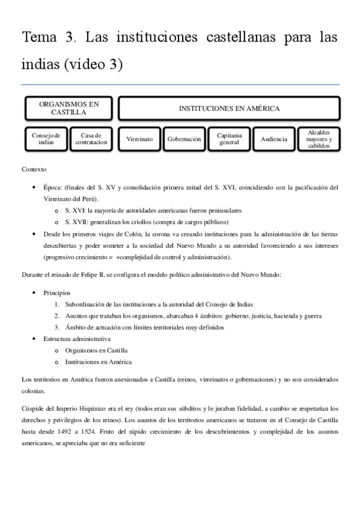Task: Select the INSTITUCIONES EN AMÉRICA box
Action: [x=229, y=108]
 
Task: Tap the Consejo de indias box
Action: [x=46, y=139]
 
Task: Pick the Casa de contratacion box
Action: [x=91, y=139]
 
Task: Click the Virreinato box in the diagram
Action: [x=139, y=139]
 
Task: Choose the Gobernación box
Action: [x=184, y=139]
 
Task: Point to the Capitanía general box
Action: [x=229, y=139]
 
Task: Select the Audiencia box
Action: [x=273, y=139]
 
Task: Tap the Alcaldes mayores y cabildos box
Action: [x=319, y=139]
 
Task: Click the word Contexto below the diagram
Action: [x=34, y=170]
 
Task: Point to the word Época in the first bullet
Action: [x=53, y=188]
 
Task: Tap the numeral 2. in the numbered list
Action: [x=56, y=316]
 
